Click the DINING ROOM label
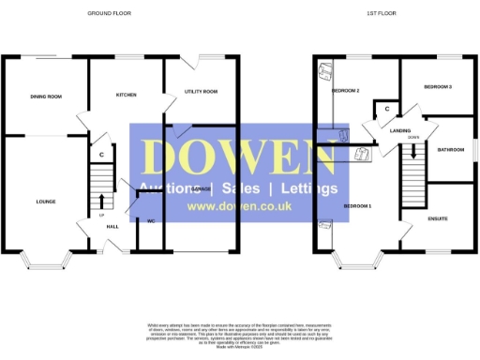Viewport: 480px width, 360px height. coord(45,96)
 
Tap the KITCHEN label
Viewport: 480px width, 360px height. coord(127,96)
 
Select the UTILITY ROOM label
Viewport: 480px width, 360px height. coord(201,92)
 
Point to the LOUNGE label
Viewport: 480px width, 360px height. coord(45,202)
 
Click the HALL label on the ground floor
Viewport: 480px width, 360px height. coord(112,226)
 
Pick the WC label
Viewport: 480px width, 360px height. coord(150,221)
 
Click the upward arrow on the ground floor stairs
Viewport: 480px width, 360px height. coord(101,200)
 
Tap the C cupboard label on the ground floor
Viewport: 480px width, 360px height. coord(100,155)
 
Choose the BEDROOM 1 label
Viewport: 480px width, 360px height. coord(357,205)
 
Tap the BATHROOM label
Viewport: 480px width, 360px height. coord(449,149)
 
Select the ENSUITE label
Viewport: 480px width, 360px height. coord(437,218)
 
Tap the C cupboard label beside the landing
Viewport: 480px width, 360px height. coord(387,110)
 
